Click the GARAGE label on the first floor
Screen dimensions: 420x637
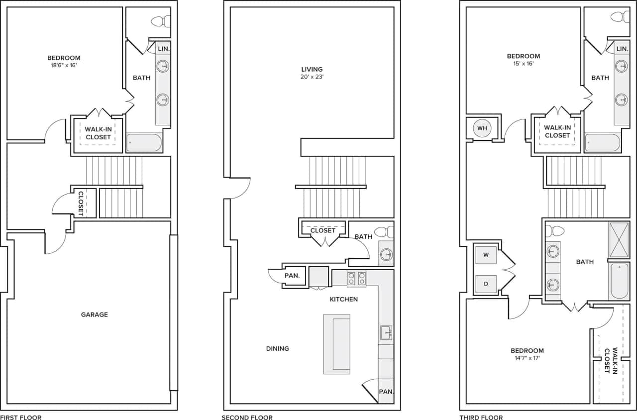[94, 315]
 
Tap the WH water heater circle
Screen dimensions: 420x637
[482, 128]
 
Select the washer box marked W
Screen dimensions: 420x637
[486, 255]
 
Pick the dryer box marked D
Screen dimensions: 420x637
[486, 284]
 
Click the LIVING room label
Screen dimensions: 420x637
[312, 69]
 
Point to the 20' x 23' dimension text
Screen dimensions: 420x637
[312, 77]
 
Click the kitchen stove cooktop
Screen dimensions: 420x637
[356, 279]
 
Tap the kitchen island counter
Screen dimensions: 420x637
[337, 344]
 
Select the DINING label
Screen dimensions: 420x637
[278, 349]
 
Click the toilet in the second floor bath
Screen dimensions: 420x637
[383, 232]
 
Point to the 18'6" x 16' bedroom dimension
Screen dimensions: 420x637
[64, 65]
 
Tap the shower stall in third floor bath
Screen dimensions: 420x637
[619, 240]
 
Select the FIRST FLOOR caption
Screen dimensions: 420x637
[21, 418]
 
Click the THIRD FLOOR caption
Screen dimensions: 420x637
[481, 418]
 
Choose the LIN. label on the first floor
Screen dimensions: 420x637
[163, 49]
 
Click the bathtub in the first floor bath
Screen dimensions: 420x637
[144, 142]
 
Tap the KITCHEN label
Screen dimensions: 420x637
[344, 300]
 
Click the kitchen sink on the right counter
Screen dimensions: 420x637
[386, 332]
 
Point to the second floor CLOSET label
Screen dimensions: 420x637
[323, 230]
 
